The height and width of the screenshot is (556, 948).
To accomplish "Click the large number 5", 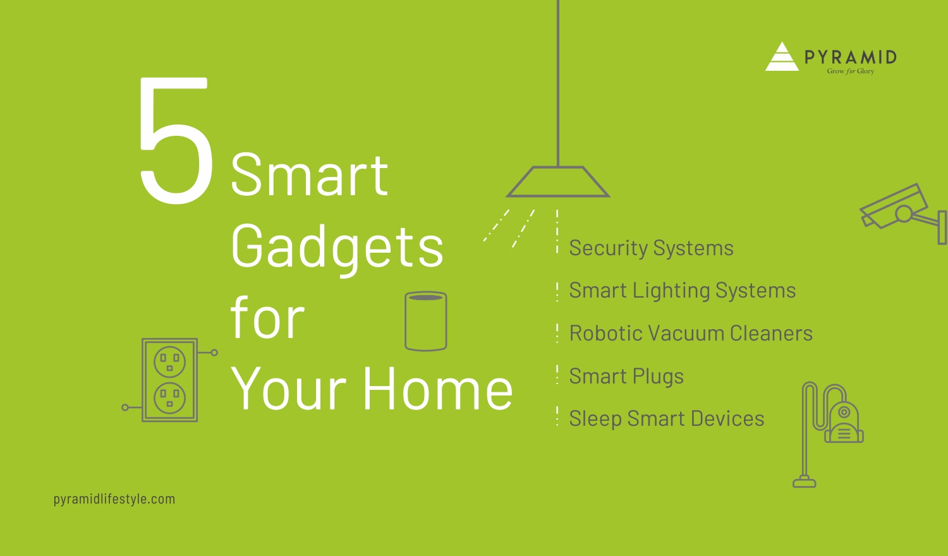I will [x=176, y=142].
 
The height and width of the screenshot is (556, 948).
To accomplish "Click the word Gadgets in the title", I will [x=337, y=247].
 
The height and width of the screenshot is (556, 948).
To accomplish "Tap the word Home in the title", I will [x=437, y=389].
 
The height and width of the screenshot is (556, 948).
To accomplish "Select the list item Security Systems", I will [x=651, y=248].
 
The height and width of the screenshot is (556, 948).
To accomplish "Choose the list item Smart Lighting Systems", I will [x=682, y=291].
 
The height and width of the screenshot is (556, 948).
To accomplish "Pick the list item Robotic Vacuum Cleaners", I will [x=691, y=334].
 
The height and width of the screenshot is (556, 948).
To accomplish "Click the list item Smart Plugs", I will [x=626, y=377].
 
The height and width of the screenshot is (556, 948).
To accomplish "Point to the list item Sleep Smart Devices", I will [x=666, y=419].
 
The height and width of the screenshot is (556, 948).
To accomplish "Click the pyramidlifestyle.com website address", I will [x=114, y=499].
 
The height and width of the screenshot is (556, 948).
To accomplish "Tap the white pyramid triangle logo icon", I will [x=782, y=57].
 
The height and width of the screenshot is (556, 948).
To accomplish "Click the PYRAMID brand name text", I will [x=851, y=57].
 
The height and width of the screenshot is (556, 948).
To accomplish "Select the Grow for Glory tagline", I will [x=850, y=71].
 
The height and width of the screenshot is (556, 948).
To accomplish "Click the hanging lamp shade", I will [x=557, y=182].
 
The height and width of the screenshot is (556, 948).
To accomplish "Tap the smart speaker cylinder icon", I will [x=425, y=321].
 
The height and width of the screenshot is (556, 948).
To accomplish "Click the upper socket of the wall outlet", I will [x=170, y=361].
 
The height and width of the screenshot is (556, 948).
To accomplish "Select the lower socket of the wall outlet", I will [x=170, y=397].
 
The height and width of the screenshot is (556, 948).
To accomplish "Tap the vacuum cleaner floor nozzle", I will [x=805, y=483].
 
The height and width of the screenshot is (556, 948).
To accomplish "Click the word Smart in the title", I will [x=309, y=175].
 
